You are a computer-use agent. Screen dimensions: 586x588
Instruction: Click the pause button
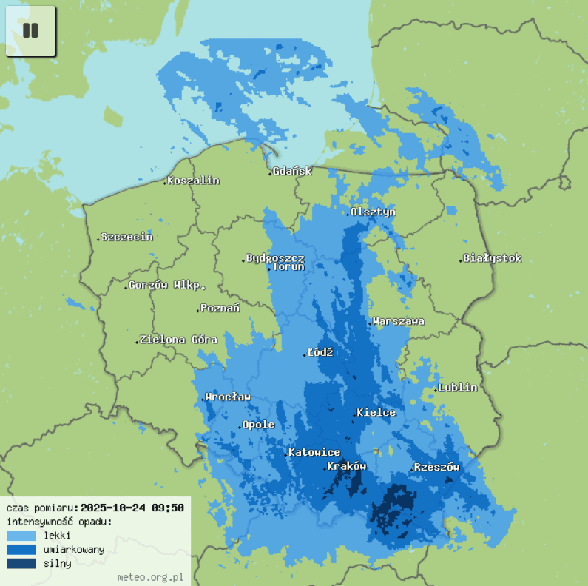pyautogui.click(x=30, y=31)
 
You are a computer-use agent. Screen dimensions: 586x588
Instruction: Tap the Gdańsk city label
pyautogui.click(x=292, y=171)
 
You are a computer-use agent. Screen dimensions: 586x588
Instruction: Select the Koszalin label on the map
pyautogui.click(x=193, y=181)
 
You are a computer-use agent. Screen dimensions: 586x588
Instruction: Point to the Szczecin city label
pyautogui.click(x=126, y=237)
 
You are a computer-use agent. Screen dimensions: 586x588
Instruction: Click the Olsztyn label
pyautogui.click(x=373, y=212)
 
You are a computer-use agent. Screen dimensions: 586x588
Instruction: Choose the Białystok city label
pyautogui.click(x=493, y=258)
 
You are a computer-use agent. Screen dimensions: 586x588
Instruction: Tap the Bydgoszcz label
pyautogui.click(x=274, y=257)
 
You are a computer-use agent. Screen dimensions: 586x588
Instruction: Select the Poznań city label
pyautogui.click(x=220, y=308)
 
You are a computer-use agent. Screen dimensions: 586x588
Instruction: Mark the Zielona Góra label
pyautogui.click(x=178, y=340)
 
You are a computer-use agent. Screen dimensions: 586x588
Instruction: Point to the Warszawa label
pyautogui.click(x=399, y=321)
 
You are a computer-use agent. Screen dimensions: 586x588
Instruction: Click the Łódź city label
pyautogui.click(x=320, y=352)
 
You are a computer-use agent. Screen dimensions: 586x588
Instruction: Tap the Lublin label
pyautogui.click(x=458, y=387)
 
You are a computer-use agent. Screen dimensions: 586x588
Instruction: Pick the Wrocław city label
pyautogui.click(x=228, y=397)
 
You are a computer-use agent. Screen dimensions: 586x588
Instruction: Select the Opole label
pyautogui.click(x=259, y=425)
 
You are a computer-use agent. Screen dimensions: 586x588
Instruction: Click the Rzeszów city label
pyautogui.click(x=436, y=467)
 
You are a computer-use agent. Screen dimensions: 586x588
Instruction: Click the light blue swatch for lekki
pyautogui.click(x=21, y=535)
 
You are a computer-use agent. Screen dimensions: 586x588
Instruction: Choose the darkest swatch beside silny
pyautogui.click(x=21, y=563)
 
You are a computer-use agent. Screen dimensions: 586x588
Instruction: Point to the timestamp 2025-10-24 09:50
pyautogui.click(x=132, y=508)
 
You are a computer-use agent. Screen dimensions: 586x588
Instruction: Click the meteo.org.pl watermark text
pyautogui.click(x=150, y=576)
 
